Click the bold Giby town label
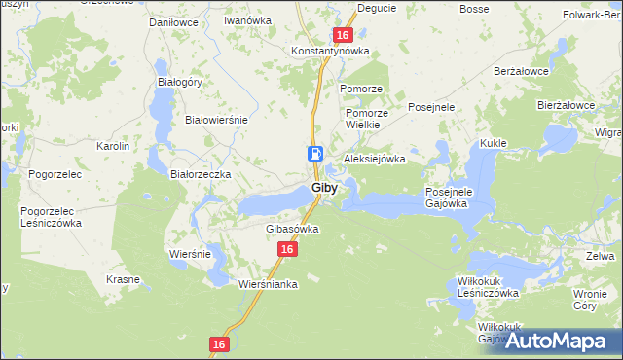325,188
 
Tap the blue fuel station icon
315,153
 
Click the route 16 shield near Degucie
342,35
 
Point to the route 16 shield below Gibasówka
285,250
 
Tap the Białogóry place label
179,83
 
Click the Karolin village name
113,146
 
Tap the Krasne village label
124,279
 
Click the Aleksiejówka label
374,159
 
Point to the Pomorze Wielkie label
367,119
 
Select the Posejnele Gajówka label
448,198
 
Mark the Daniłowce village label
172,20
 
